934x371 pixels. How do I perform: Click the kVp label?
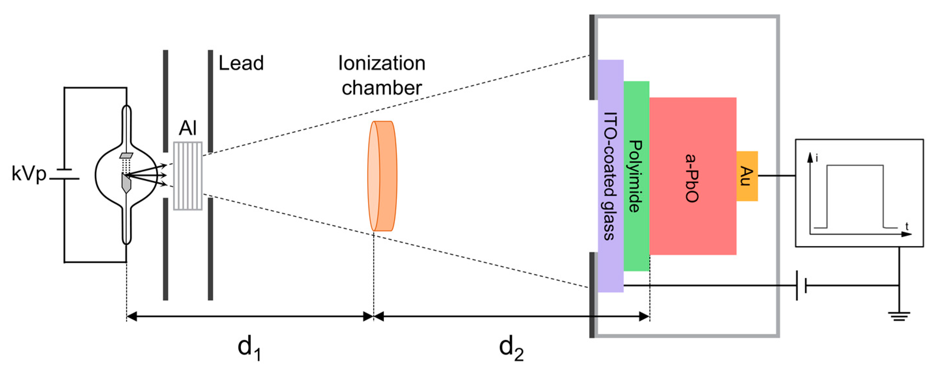click(29, 174)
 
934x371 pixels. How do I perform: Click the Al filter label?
click(187, 128)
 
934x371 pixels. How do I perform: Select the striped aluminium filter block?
click(188, 176)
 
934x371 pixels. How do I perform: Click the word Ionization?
click(382, 64)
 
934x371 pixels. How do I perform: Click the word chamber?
click(382, 88)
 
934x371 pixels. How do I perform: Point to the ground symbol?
click(899, 316)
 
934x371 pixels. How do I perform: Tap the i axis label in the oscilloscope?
click(817, 158)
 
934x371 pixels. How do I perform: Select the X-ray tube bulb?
click(126, 175)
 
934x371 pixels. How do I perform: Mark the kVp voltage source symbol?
click(65, 174)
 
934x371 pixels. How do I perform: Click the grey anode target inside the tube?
click(126, 183)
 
